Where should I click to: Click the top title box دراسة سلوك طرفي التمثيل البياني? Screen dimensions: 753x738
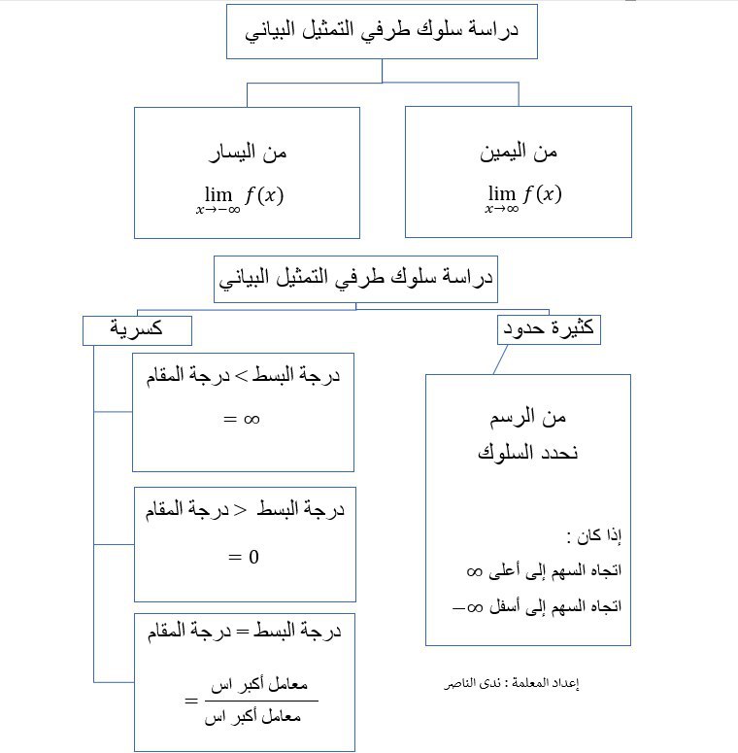click(x=382, y=30)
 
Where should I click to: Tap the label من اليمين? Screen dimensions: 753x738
click(x=519, y=152)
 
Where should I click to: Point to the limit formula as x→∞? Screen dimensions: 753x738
click(x=523, y=196)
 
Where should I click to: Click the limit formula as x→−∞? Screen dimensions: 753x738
click(x=239, y=196)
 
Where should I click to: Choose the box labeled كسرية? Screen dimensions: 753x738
click(x=137, y=330)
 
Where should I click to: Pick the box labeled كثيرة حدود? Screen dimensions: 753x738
click(x=548, y=330)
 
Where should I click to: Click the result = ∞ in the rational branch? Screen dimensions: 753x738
click(x=243, y=420)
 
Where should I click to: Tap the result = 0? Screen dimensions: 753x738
click(x=243, y=557)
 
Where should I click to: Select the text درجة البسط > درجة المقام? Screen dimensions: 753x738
click(x=243, y=376)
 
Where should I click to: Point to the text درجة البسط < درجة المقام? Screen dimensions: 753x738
click(x=243, y=510)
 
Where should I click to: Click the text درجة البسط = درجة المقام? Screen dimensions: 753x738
click(x=243, y=632)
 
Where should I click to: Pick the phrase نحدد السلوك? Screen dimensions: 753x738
click(x=527, y=453)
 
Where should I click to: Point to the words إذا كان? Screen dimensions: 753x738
click(x=594, y=535)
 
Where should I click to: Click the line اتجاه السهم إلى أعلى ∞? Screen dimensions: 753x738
click(x=551, y=571)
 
